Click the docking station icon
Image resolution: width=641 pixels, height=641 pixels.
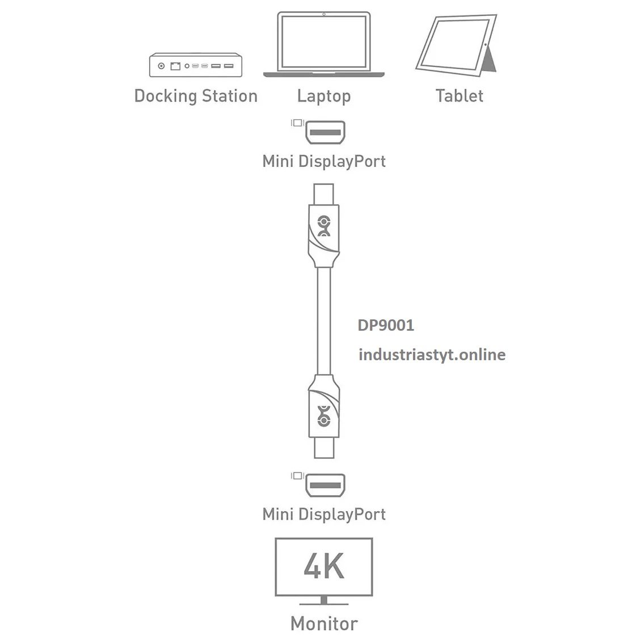[x=195, y=65]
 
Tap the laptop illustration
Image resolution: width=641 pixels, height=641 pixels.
[x=324, y=44]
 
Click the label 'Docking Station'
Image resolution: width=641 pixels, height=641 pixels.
[x=196, y=96]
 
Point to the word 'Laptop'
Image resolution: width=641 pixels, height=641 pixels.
[x=324, y=96]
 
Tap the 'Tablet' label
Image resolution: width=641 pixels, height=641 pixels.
[x=459, y=96]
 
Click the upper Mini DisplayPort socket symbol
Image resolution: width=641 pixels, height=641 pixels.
[x=325, y=133]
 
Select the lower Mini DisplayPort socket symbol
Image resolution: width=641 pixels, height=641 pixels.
[x=325, y=485]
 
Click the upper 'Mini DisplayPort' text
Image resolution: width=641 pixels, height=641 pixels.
[x=324, y=161]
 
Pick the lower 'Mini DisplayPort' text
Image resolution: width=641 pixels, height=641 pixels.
[x=324, y=515]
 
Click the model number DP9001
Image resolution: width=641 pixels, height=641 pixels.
[x=386, y=326]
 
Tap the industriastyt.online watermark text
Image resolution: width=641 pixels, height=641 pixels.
[x=432, y=355]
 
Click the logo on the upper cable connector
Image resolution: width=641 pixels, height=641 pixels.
[x=324, y=226]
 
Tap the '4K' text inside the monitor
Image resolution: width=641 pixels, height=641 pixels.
[x=324, y=566]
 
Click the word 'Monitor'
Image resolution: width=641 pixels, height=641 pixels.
[x=324, y=623]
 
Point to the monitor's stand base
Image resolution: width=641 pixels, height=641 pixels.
[x=324, y=602]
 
